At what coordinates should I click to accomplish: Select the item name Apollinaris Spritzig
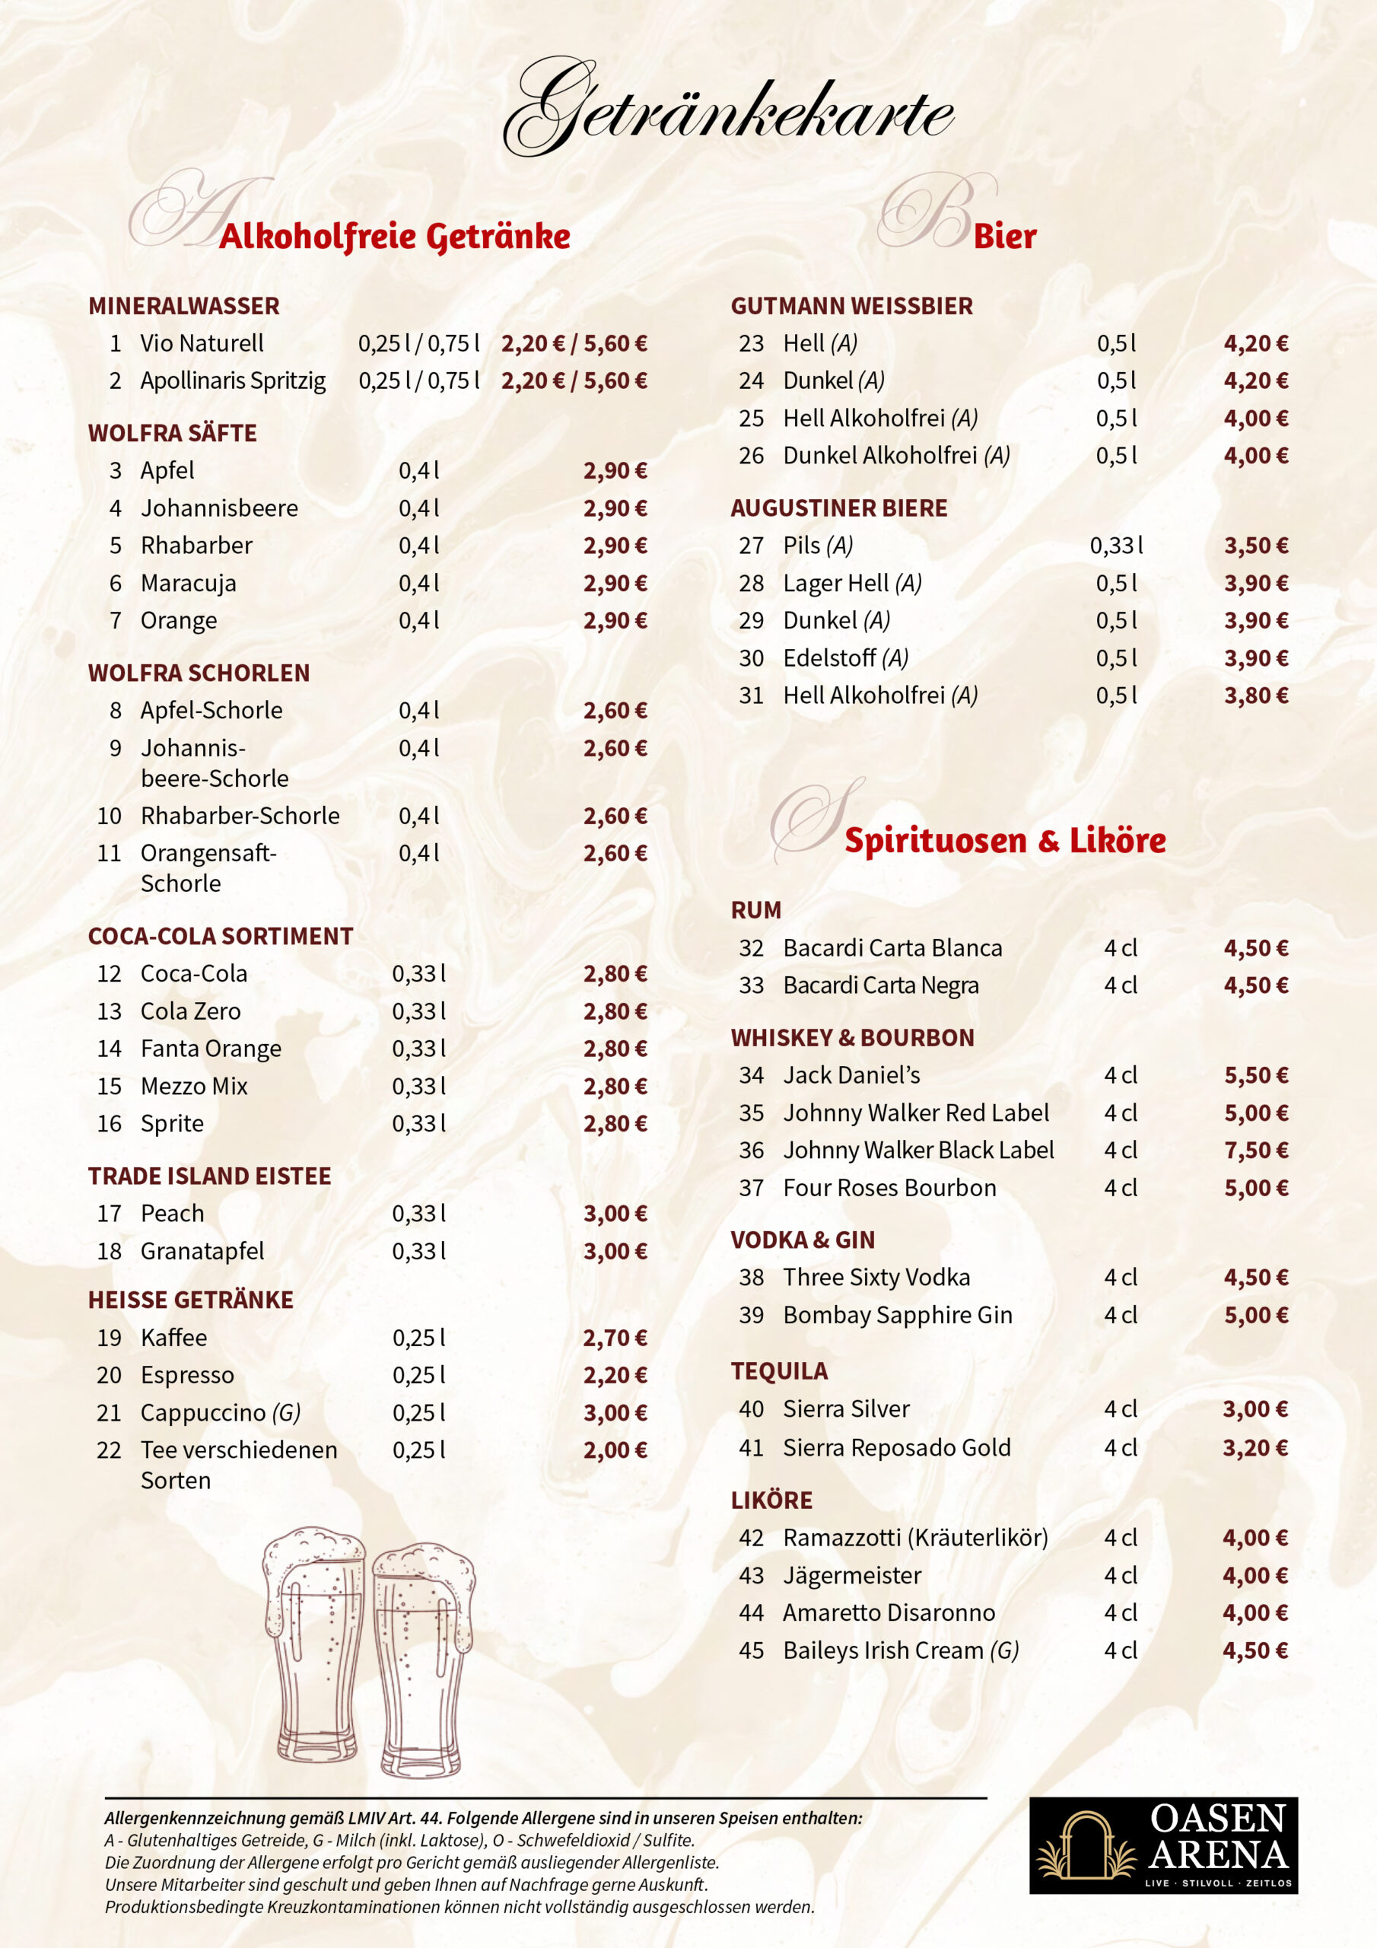click(233, 381)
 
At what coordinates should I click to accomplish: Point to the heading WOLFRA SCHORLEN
click(199, 673)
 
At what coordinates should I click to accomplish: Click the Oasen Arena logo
click(1162, 1855)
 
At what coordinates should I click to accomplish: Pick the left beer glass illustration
click(315, 1646)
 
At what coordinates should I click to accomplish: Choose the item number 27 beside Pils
click(751, 546)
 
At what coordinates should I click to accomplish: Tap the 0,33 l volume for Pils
click(1116, 546)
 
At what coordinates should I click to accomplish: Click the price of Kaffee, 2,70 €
click(614, 1338)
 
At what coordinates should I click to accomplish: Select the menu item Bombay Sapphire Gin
click(897, 1315)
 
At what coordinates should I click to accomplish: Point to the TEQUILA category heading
click(779, 1371)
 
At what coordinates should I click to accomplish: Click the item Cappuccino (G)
click(221, 1412)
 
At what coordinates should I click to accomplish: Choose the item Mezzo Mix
click(193, 1086)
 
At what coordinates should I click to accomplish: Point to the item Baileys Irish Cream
click(900, 1650)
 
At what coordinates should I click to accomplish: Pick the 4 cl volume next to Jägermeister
click(1120, 1576)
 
